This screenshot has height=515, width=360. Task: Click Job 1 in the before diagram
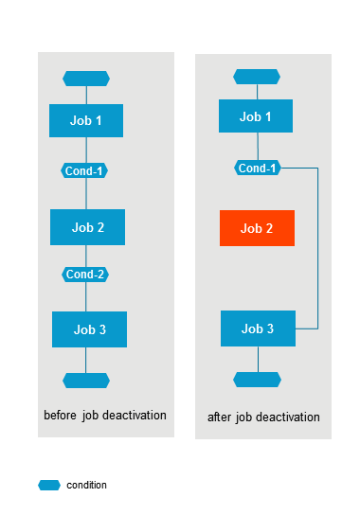86,120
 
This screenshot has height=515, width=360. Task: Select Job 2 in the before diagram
87,227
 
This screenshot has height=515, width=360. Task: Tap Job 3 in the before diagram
89,329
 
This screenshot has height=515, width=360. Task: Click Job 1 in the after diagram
256,115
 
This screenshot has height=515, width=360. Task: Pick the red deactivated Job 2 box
257,228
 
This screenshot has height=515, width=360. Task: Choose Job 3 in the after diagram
258,329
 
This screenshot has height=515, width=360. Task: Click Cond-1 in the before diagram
84,170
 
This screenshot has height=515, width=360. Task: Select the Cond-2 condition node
85,275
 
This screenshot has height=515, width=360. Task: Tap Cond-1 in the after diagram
258,168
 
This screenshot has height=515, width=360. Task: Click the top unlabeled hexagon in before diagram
86,79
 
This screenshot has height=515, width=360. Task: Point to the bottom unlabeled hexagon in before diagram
86,381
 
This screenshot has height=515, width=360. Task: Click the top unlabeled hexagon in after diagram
257,77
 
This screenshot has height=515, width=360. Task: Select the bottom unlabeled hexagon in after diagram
257,380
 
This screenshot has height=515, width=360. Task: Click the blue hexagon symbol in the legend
49,485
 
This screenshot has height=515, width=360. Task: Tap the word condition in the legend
86,485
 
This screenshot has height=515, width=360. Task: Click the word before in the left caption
61,416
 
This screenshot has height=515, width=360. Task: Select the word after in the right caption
219,417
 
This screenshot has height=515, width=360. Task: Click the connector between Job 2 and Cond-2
86,256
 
